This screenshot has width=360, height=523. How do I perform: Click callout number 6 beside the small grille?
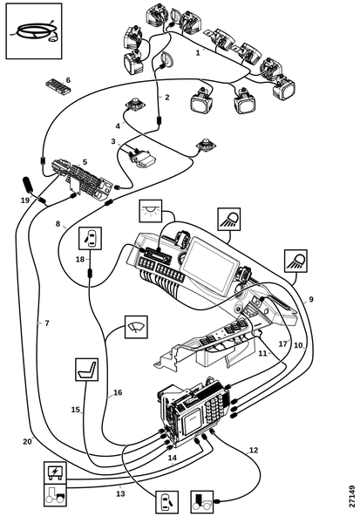[68, 80]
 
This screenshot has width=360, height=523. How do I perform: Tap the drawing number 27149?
[352, 497]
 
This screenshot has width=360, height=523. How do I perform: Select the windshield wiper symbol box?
[136, 327]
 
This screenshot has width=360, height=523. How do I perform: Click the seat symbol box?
[87, 370]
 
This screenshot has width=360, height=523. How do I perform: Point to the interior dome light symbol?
[151, 211]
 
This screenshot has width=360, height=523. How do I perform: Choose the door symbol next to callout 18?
[90, 238]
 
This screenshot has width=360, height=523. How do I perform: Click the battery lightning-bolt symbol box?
[56, 472]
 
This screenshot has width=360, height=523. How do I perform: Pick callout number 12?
[254, 450]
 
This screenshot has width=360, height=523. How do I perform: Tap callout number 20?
[27, 441]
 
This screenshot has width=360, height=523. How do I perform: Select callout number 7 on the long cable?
[47, 323]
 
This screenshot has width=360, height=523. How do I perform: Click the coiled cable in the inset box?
[35, 32]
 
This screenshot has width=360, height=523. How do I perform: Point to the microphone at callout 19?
[27, 184]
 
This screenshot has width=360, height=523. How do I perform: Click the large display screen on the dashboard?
[210, 263]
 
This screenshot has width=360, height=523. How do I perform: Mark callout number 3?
[113, 141]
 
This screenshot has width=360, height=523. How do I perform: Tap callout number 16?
[118, 392]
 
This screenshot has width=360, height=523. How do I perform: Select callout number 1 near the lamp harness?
[198, 52]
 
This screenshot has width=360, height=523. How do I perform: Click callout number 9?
[311, 299]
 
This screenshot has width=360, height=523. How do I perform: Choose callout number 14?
[173, 458]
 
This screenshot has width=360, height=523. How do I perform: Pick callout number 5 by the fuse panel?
[85, 162]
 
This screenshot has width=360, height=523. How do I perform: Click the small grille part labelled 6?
[58, 85]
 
